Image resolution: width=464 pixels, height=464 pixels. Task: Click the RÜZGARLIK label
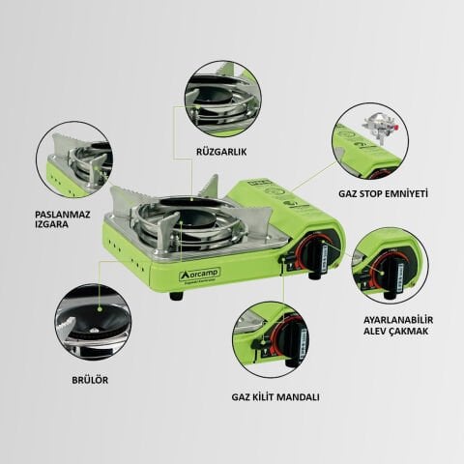[220, 153]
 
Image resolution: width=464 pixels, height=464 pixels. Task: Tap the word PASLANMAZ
[36, 207]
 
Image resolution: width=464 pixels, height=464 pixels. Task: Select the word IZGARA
[27, 220]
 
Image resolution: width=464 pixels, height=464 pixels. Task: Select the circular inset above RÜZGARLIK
[221, 99]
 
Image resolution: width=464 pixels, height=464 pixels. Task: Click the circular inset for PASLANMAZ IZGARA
[74, 159]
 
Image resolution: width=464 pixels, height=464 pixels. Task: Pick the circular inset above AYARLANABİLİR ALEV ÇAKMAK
[390, 266]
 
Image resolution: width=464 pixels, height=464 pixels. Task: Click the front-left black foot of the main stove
[175, 295]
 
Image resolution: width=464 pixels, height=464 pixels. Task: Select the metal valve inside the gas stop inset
[374, 130]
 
